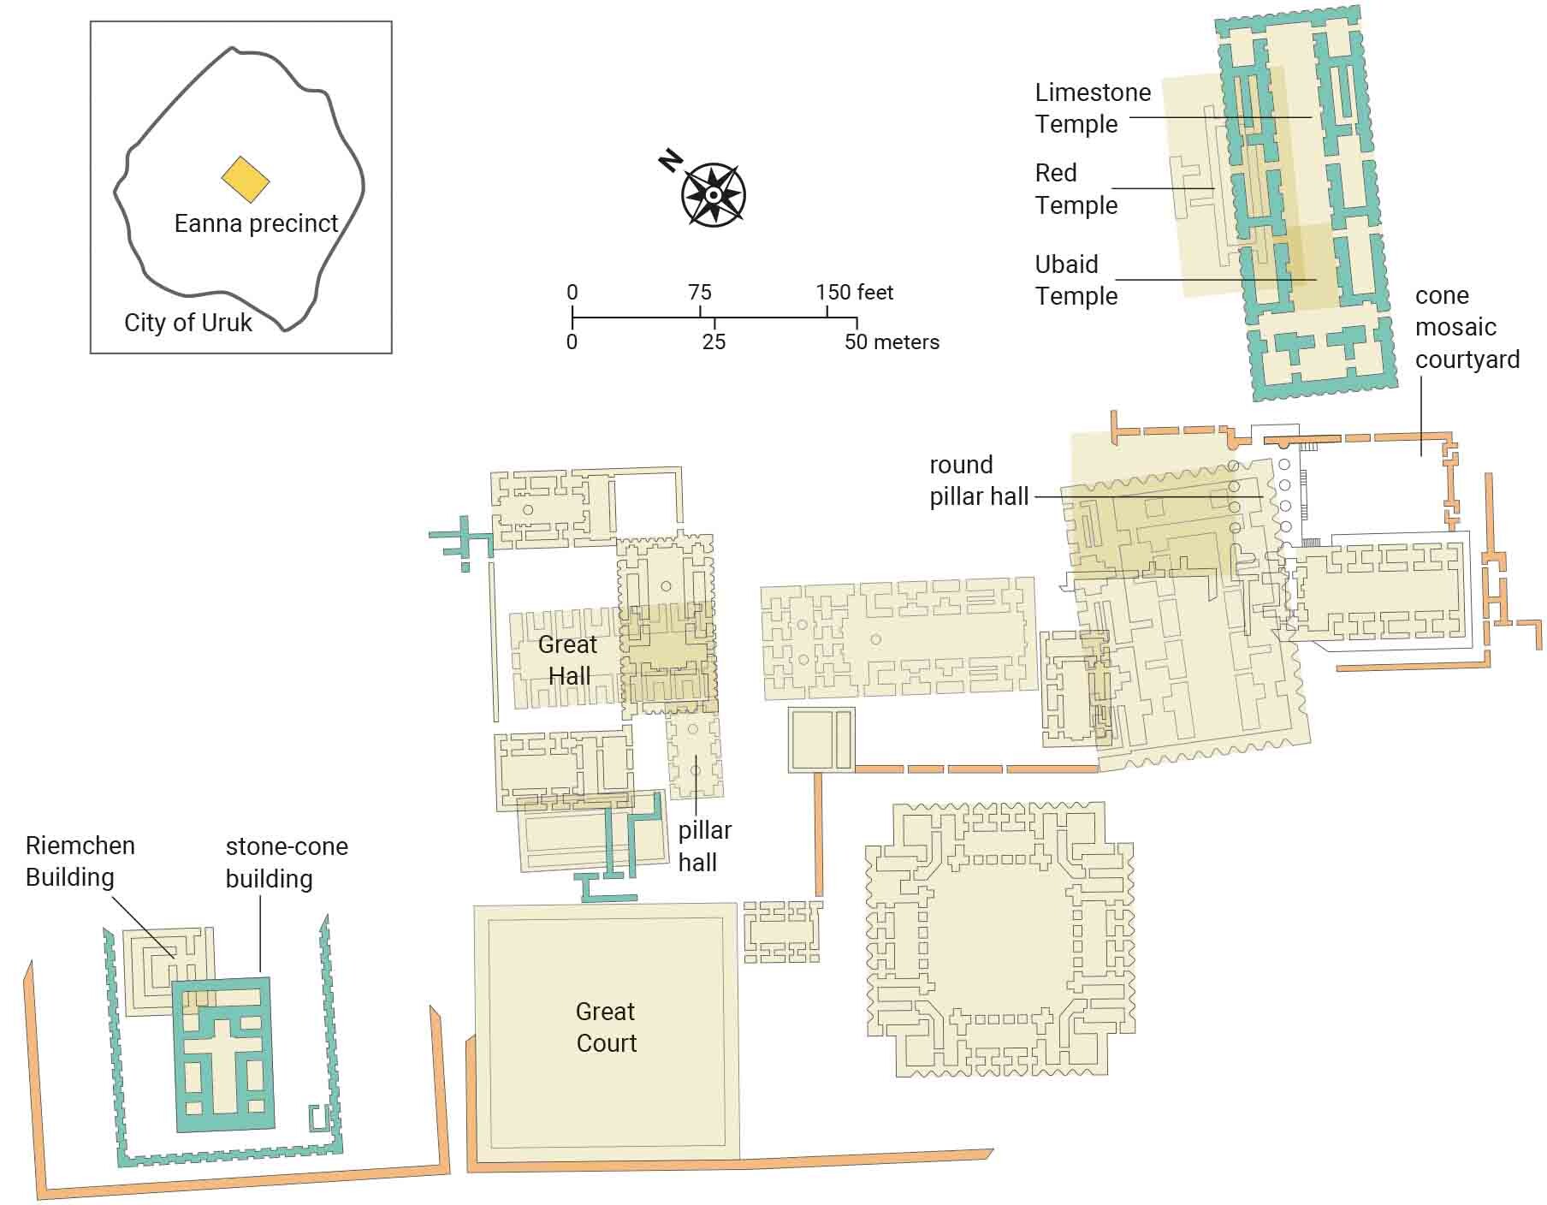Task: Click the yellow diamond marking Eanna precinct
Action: [x=246, y=180]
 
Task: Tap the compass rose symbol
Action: [x=714, y=195]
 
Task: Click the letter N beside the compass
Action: [x=671, y=161]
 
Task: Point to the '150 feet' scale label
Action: [x=854, y=293]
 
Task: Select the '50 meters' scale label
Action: [x=892, y=342]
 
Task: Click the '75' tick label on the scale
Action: [x=699, y=293]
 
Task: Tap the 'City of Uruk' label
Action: [x=188, y=323]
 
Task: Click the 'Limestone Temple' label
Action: [x=1092, y=108]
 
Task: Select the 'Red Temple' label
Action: [x=1076, y=189]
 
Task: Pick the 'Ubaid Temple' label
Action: [x=1076, y=280]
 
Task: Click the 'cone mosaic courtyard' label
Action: [x=1467, y=327]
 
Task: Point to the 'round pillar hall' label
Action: [x=978, y=480]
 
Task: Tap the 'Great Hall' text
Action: [x=568, y=660]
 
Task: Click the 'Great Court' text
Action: [x=606, y=1027]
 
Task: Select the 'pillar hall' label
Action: [x=704, y=846]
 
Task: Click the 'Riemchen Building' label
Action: [x=80, y=861]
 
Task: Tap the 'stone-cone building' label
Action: [x=286, y=862]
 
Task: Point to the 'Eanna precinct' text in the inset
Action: [x=256, y=223]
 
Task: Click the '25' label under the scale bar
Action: [x=714, y=342]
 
